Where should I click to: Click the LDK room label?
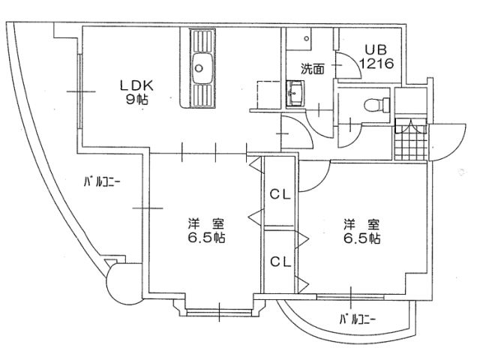pyautogui.click(x=136, y=85)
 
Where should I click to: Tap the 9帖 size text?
pyautogui.click(x=136, y=100)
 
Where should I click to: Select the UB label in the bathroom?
pyautogui.click(x=376, y=50)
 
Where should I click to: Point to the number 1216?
pyautogui.click(x=376, y=63)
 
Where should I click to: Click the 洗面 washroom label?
pyautogui.click(x=312, y=69)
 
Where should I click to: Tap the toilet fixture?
pyautogui.click(x=376, y=105)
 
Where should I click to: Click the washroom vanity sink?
pyautogui.click(x=295, y=93)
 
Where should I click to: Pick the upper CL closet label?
pyautogui.click(x=280, y=195)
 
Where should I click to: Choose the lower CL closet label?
pyautogui.click(x=280, y=262)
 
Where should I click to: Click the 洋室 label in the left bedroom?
pyautogui.click(x=205, y=224)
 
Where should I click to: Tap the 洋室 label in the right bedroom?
pyautogui.click(x=361, y=224)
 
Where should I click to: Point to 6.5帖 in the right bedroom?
pyautogui.click(x=361, y=238)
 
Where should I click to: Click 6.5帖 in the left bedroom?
pyautogui.click(x=206, y=238)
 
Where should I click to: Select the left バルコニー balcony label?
pyautogui.click(x=102, y=182)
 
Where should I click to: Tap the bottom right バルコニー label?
pyautogui.click(x=358, y=320)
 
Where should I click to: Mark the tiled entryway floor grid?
pyautogui.click(x=411, y=139)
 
